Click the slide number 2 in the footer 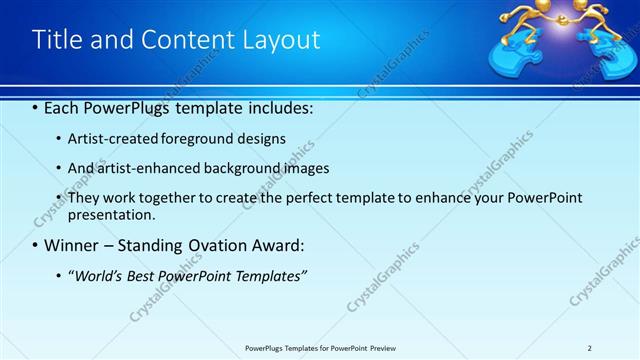pyautogui.click(x=590, y=348)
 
